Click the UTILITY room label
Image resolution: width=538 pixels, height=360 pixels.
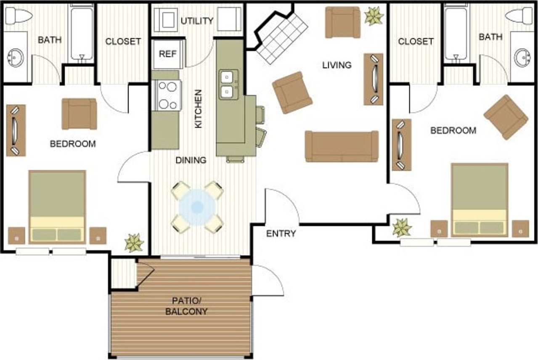point(197,21)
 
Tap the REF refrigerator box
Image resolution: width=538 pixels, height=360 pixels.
point(168,54)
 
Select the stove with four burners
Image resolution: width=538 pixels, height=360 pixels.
point(167,95)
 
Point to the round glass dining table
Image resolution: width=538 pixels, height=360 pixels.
point(197,207)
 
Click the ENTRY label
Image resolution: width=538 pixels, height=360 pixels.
point(281,234)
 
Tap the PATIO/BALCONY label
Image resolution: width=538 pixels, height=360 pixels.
point(189,306)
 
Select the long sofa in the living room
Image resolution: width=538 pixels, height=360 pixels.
point(341,146)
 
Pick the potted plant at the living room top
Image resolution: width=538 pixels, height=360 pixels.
point(374,16)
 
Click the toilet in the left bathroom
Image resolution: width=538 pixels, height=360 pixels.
point(19,16)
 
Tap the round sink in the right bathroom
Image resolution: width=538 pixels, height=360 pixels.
point(522,58)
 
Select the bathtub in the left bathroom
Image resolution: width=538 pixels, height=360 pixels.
point(82,33)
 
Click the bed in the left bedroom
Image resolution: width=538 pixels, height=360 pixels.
point(57,206)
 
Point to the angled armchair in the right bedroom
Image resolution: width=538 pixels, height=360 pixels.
point(506,117)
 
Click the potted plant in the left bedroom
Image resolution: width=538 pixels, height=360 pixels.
point(134,243)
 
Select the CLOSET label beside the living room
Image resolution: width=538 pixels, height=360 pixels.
point(415,41)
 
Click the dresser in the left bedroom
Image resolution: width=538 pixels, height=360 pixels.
point(16,130)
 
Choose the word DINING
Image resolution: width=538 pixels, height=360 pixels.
point(191,160)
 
